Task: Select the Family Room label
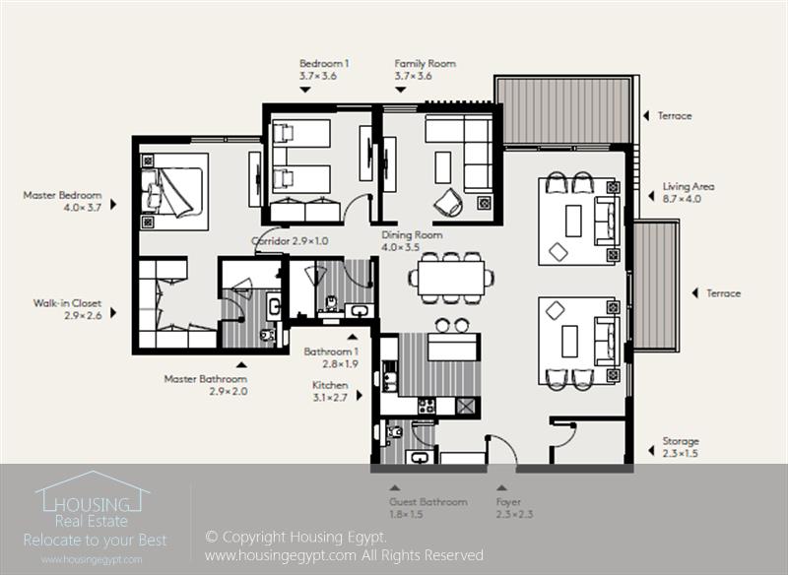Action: click(x=425, y=63)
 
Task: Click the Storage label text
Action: click(x=681, y=442)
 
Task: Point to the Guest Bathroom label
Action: click(x=427, y=502)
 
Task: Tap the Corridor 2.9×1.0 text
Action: click(x=290, y=240)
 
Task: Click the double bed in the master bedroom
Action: click(x=174, y=187)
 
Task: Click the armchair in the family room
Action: click(x=448, y=201)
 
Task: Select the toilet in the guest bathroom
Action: click(x=395, y=432)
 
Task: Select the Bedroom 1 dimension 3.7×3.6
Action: click(x=318, y=75)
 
